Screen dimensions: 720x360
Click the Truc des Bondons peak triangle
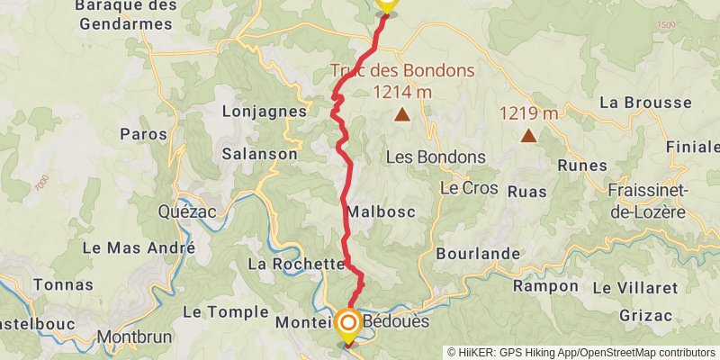click(401, 114)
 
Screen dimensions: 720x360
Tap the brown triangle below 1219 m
click(528, 136)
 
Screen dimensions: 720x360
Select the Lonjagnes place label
click(264, 111)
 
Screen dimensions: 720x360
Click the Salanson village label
click(260, 154)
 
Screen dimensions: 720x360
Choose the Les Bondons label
click(436, 157)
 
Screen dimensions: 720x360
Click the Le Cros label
click(462, 188)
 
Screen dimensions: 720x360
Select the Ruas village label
click(527, 191)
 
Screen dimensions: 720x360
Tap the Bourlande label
click(478, 254)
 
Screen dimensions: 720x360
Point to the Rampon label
click(545, 286)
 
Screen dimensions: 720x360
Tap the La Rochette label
click(296, 265)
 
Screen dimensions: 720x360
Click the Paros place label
click(143, 134)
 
